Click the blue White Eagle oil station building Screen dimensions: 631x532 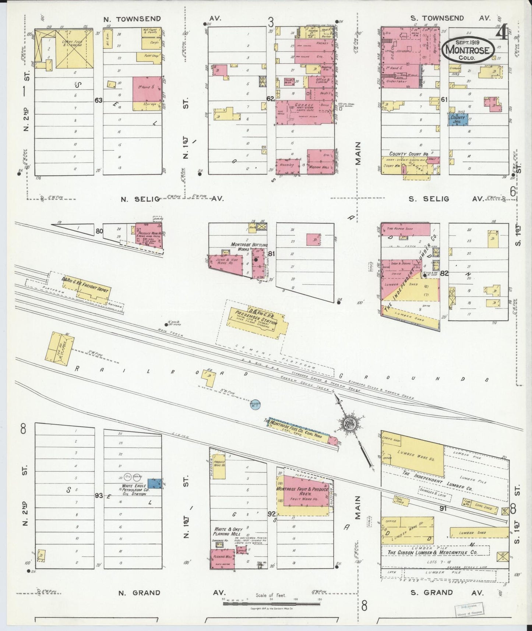point(154,483)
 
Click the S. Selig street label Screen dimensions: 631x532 point(429,199)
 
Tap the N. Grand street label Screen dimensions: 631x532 point(139,593)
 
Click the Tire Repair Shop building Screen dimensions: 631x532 point(405,229)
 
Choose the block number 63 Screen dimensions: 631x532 point(98,100)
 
